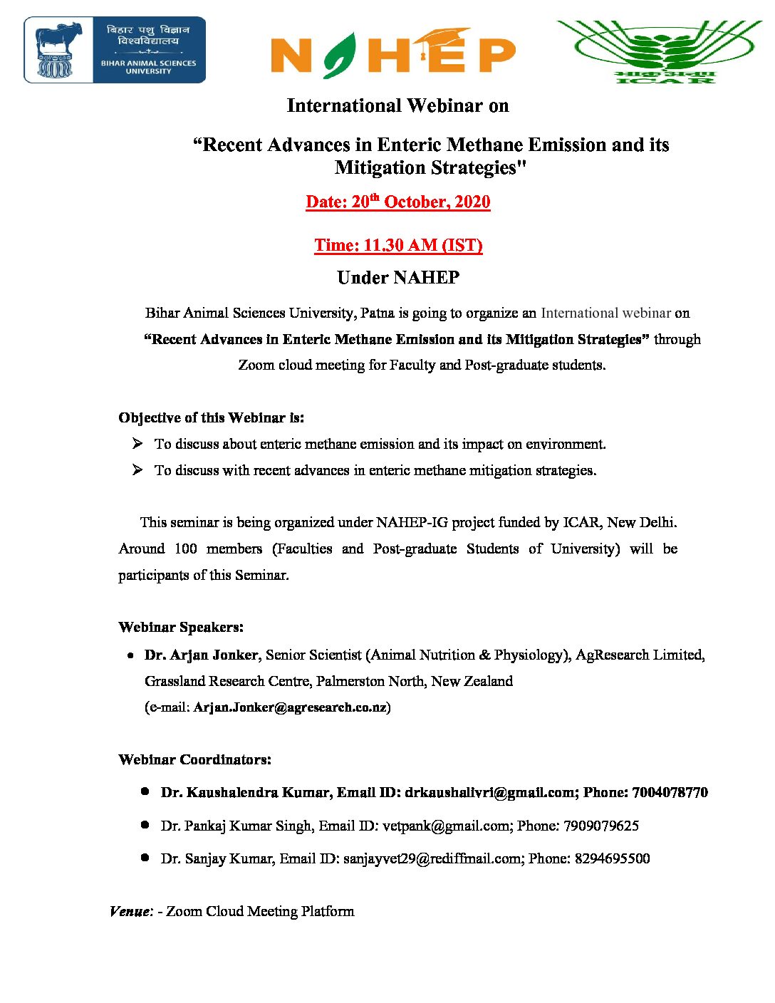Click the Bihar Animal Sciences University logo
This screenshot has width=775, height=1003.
point(115,50)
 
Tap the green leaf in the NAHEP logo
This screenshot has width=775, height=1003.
point(339,55)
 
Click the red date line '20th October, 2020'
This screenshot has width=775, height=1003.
point(398,202)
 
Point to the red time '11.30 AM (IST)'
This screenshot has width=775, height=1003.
point(398,246)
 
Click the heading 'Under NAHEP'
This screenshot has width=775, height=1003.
point(398,278)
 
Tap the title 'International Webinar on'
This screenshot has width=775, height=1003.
point(397,106)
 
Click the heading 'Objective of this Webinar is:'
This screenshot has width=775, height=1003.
point(211,418)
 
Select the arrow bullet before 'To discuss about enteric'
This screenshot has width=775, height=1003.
point(137,444)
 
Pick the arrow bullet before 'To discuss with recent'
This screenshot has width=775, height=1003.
point(137,470)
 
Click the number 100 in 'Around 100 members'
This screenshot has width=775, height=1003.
point(185,549)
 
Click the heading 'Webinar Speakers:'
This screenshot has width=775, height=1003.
point(181,628)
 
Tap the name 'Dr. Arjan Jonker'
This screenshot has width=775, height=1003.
point(201,655)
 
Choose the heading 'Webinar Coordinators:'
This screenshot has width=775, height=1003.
point(194,760)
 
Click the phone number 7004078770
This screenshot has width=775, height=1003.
point(670,793)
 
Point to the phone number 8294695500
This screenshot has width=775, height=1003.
point(612,859)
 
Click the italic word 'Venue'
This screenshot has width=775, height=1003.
point(130,912)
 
